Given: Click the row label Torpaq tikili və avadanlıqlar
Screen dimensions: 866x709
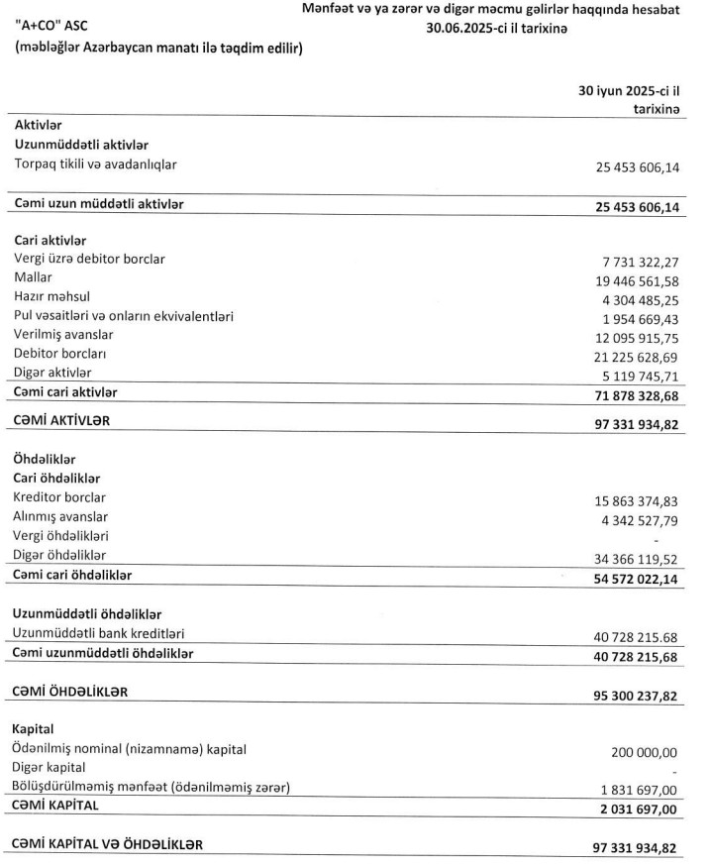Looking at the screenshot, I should pyautogui.click(x=95, y=163).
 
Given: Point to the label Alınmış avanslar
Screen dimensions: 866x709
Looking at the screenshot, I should pyautogui.click(x=61, y=516).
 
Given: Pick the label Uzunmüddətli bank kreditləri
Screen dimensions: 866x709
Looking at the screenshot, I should pyautogui.click(x=99, y=633).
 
